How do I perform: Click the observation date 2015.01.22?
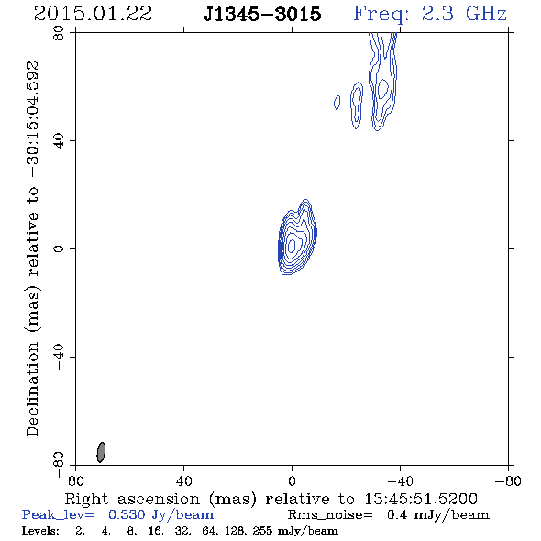tap(93, 14)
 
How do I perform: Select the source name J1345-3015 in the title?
tap(262, 15)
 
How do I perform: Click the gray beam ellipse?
tap(101, 452)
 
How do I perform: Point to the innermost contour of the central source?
tap(292, 246)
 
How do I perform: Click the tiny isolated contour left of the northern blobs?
tap(337, 103)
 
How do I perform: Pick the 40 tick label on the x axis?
tap(183, 480)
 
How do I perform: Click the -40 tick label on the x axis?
tap(400, 480)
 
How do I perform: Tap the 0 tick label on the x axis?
tap(292, 480)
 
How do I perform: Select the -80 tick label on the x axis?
tap(508, 480)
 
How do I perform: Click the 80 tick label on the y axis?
tap(59, 33)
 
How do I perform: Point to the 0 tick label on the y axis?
tap(59, 248)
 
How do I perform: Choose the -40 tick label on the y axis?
tap(59, 357)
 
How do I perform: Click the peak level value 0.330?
tap(127, 514)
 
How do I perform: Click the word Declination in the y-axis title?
tap(32, 389)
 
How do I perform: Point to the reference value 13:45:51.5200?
tap(421, 499)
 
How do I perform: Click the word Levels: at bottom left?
tap(40, 530)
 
